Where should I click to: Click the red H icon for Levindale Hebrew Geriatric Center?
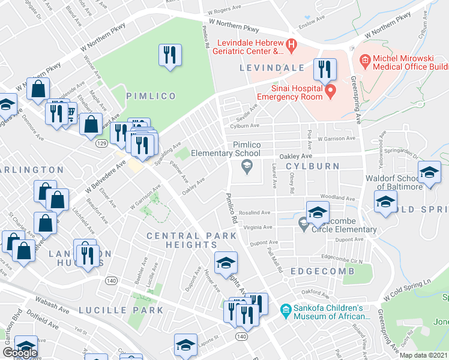click(x=291, y=44)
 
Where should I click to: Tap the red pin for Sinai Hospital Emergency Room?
click(x=330, y=92)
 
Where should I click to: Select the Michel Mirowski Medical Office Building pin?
click(x=364, y=60)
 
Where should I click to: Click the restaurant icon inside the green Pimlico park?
click(x=169, y=55)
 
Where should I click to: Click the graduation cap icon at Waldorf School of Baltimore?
click(x=429, y=173)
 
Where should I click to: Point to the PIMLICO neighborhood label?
click(x=151, y=96)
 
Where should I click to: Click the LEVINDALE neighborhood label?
click(x=268, y=68)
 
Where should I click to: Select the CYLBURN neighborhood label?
click(x=312, y=166)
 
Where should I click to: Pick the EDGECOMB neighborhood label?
click(x=316, y=271)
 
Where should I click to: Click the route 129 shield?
click(x=103, y=144)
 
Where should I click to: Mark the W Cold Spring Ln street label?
click(x=406, y=290)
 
